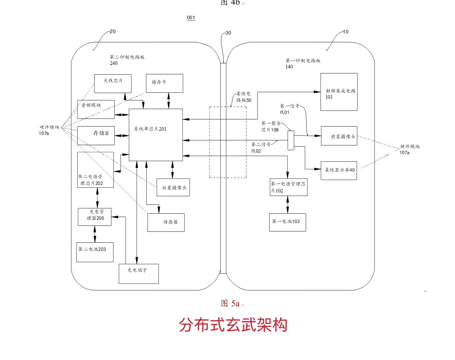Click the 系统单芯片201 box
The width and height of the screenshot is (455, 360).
pos(156,135)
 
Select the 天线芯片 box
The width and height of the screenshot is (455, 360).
pos(113,84)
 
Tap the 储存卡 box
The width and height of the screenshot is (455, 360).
pos(164,83)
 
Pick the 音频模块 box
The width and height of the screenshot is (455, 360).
pos(96,109)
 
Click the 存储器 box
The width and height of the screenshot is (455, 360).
pos(96,136)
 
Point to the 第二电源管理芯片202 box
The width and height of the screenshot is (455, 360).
pos(95,170)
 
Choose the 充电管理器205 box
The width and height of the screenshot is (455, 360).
pos(95,217)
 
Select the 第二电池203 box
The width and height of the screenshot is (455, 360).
pos(95,252)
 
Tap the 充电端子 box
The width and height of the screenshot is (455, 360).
pos(139,274)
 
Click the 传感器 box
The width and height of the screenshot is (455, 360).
pos(166,222)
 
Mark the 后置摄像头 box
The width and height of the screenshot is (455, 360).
pos(173,187)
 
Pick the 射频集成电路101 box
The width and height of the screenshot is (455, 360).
pos(339,92)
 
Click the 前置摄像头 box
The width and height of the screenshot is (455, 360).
pos(339,136)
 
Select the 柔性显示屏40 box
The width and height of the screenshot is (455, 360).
pos(339,171)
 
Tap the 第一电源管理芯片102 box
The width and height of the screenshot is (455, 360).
pos(289,187)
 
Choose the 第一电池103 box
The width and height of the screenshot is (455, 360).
pos(288,222)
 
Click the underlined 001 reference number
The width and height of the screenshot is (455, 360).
pos(191,18)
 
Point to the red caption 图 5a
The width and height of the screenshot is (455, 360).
pos(230,303)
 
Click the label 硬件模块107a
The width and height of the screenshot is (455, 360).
pos(409,149)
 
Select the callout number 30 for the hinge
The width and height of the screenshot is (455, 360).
pos(228,33)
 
